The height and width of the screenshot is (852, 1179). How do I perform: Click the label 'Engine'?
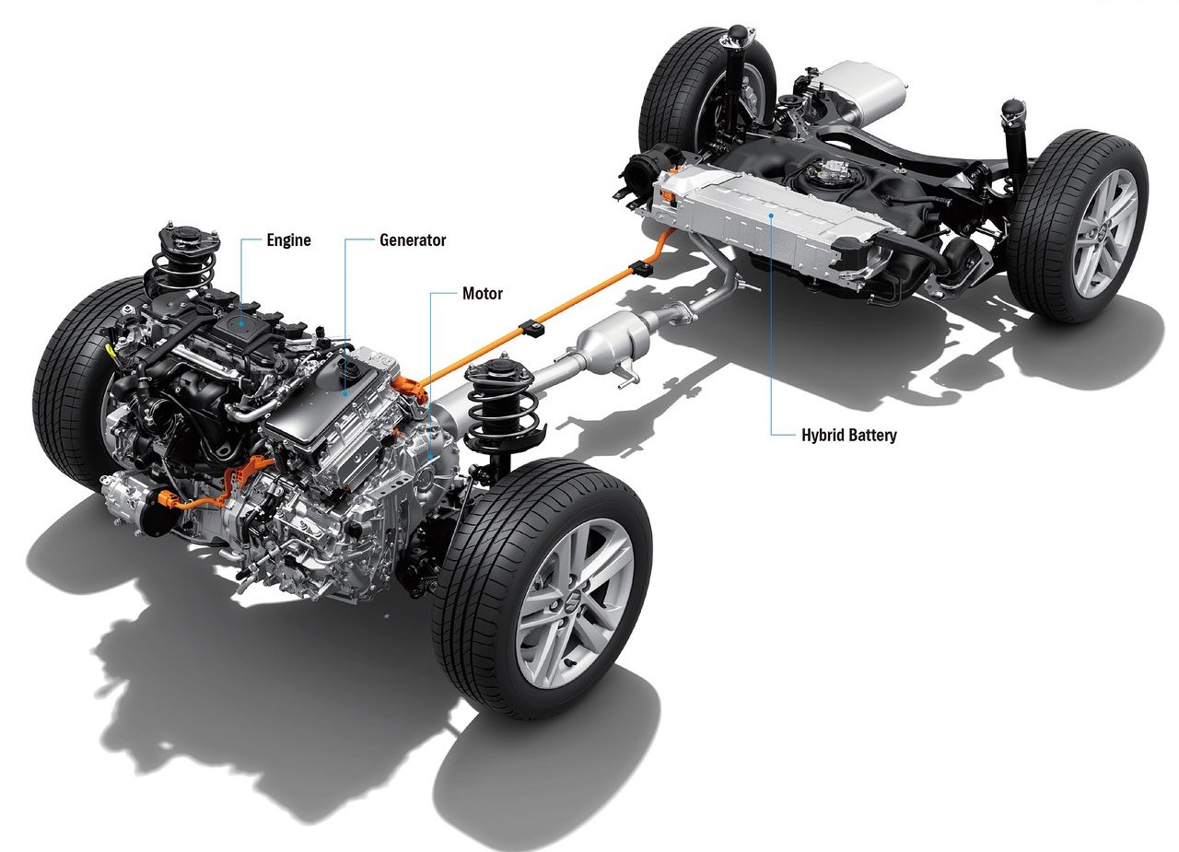(x=288, y=240)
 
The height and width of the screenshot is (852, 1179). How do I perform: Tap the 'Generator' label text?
(x=413, y=240)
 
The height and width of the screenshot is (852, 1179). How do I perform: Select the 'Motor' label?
(x=482, y=294)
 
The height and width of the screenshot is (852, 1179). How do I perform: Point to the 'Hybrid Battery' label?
(x=848, y=435)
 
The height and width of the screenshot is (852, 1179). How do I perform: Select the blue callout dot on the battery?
(x=771, y=215)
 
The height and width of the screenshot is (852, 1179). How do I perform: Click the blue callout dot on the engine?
(x=241, y=323)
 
